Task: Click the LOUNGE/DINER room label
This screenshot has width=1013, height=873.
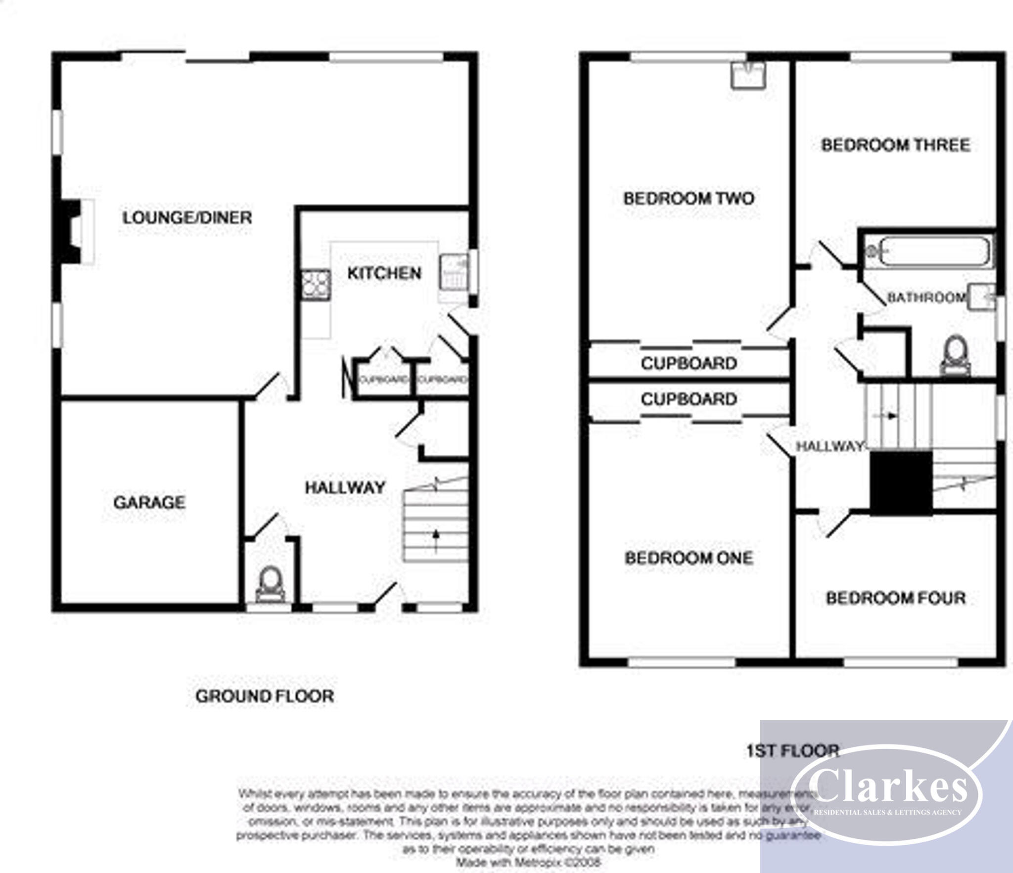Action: tap(187, 218)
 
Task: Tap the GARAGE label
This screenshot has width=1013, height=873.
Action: tap(149, 502)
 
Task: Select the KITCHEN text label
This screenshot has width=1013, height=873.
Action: tap(384, 273)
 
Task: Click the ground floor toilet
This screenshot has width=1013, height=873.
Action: tap(271, 584)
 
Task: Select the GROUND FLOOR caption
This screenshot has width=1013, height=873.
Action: tap(265, 696)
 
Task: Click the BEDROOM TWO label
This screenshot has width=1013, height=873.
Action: tap(689, 199)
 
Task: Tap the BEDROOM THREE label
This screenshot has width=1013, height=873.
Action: tap(895, 145)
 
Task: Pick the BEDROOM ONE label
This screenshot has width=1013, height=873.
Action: tap(689, 558)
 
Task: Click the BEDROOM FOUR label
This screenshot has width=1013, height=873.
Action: tap(895, 598)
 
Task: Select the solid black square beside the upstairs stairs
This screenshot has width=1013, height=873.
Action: tap(901, 483)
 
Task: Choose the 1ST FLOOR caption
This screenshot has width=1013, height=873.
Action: tap(792, 751)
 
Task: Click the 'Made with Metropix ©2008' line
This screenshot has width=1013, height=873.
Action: tap(528, 862)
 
